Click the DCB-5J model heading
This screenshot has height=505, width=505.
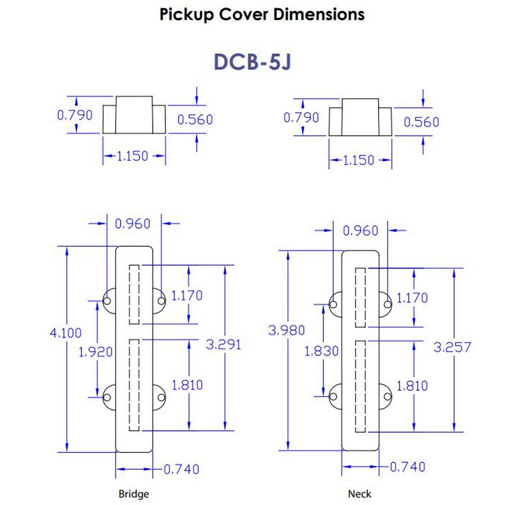click(x=252, y=61)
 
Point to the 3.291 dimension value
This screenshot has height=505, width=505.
click(x=224, y=344)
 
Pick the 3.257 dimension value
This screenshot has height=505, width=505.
click(x=453, y=347)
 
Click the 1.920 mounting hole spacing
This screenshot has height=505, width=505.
click(x=95, y=351)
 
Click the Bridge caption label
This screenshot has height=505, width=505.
click(x=133, y=494)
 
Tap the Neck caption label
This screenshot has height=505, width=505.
click(x=359, y=494)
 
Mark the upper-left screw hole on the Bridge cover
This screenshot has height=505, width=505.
click(x=107, y=301)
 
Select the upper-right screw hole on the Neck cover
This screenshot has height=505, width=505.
click(x=387, y=304)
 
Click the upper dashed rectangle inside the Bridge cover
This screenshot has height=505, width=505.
click(x=134, y=294)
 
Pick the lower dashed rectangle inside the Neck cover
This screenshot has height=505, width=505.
click(x=360, y=386)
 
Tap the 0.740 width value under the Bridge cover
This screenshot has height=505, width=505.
click(x=181, y=469)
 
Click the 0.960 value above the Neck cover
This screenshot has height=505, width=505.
click(x=360, y=231)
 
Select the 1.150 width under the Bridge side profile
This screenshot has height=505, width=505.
click(x=133, y=156)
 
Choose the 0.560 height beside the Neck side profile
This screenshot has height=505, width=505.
click(x=422, y=122)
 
